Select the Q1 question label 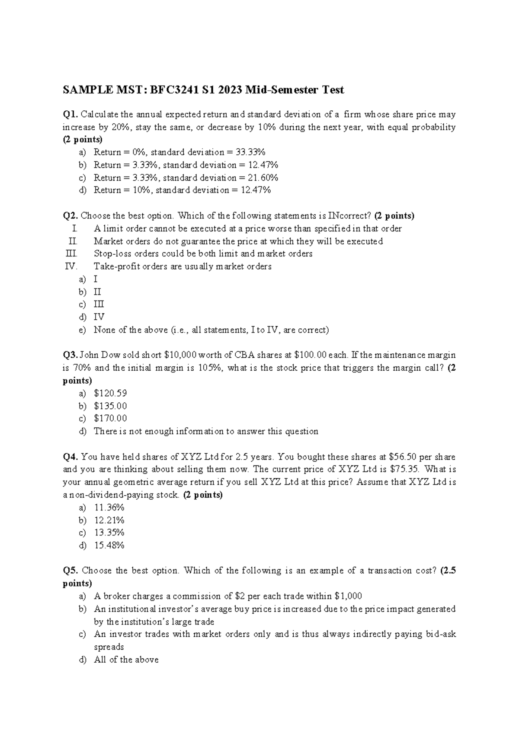(70, 115)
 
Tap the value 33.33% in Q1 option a (251, 152)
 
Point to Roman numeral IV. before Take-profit (71, 266)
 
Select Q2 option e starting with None (211, 330)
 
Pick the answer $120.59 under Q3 (110, 393)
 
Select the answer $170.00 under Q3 (110, 418)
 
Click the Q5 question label (70, 571)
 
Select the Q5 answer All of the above (126, 660)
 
